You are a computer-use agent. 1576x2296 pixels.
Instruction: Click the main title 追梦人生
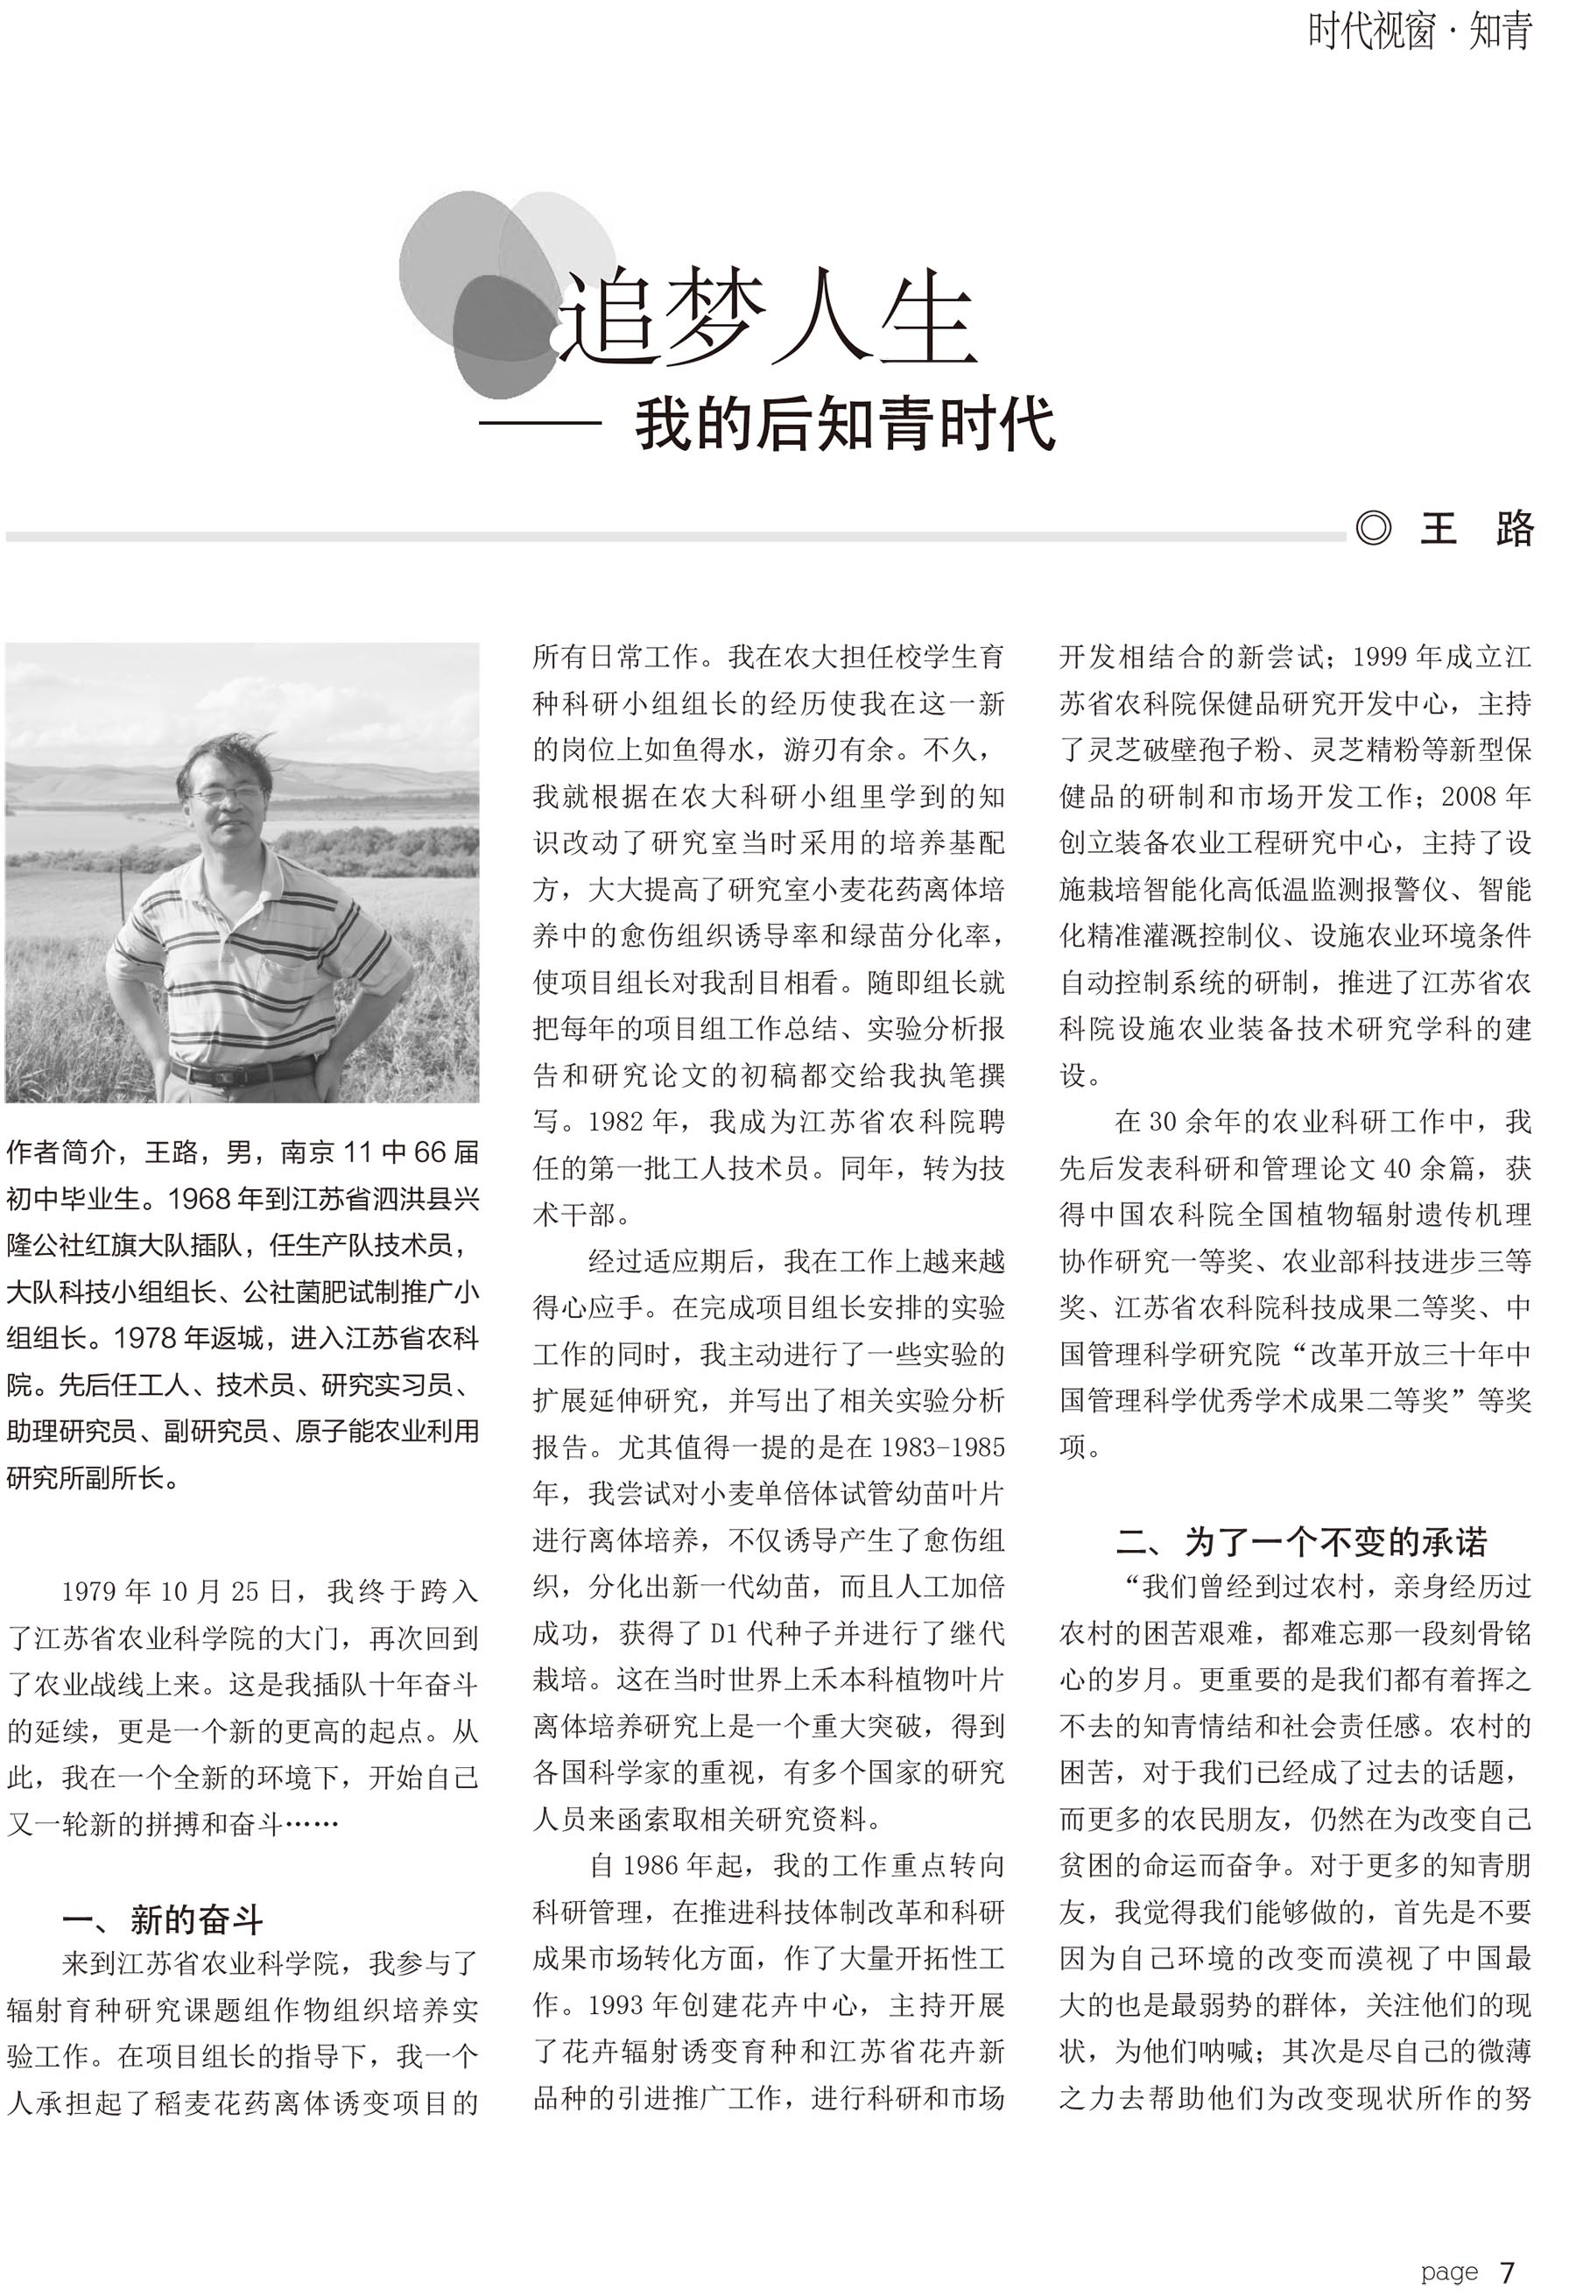pyautogui.click(x=770, y=318)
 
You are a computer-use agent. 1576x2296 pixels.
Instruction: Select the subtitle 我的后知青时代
pyautogui.click(x=845, y=425)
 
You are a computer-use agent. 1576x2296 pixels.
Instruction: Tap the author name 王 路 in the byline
pyautogui.click(x=1476, y=529)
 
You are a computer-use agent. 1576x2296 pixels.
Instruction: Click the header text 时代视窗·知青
pyautogui.click(x=1420, y=32)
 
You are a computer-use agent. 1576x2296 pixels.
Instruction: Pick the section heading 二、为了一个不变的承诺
pyautogui.click(x=1301, y=1541)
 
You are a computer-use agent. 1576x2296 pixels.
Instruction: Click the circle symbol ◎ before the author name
pyautogui.click(x=1374, y=529)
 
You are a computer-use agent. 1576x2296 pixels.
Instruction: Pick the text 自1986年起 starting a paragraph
pyautogui.click(x=665, y=1865)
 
